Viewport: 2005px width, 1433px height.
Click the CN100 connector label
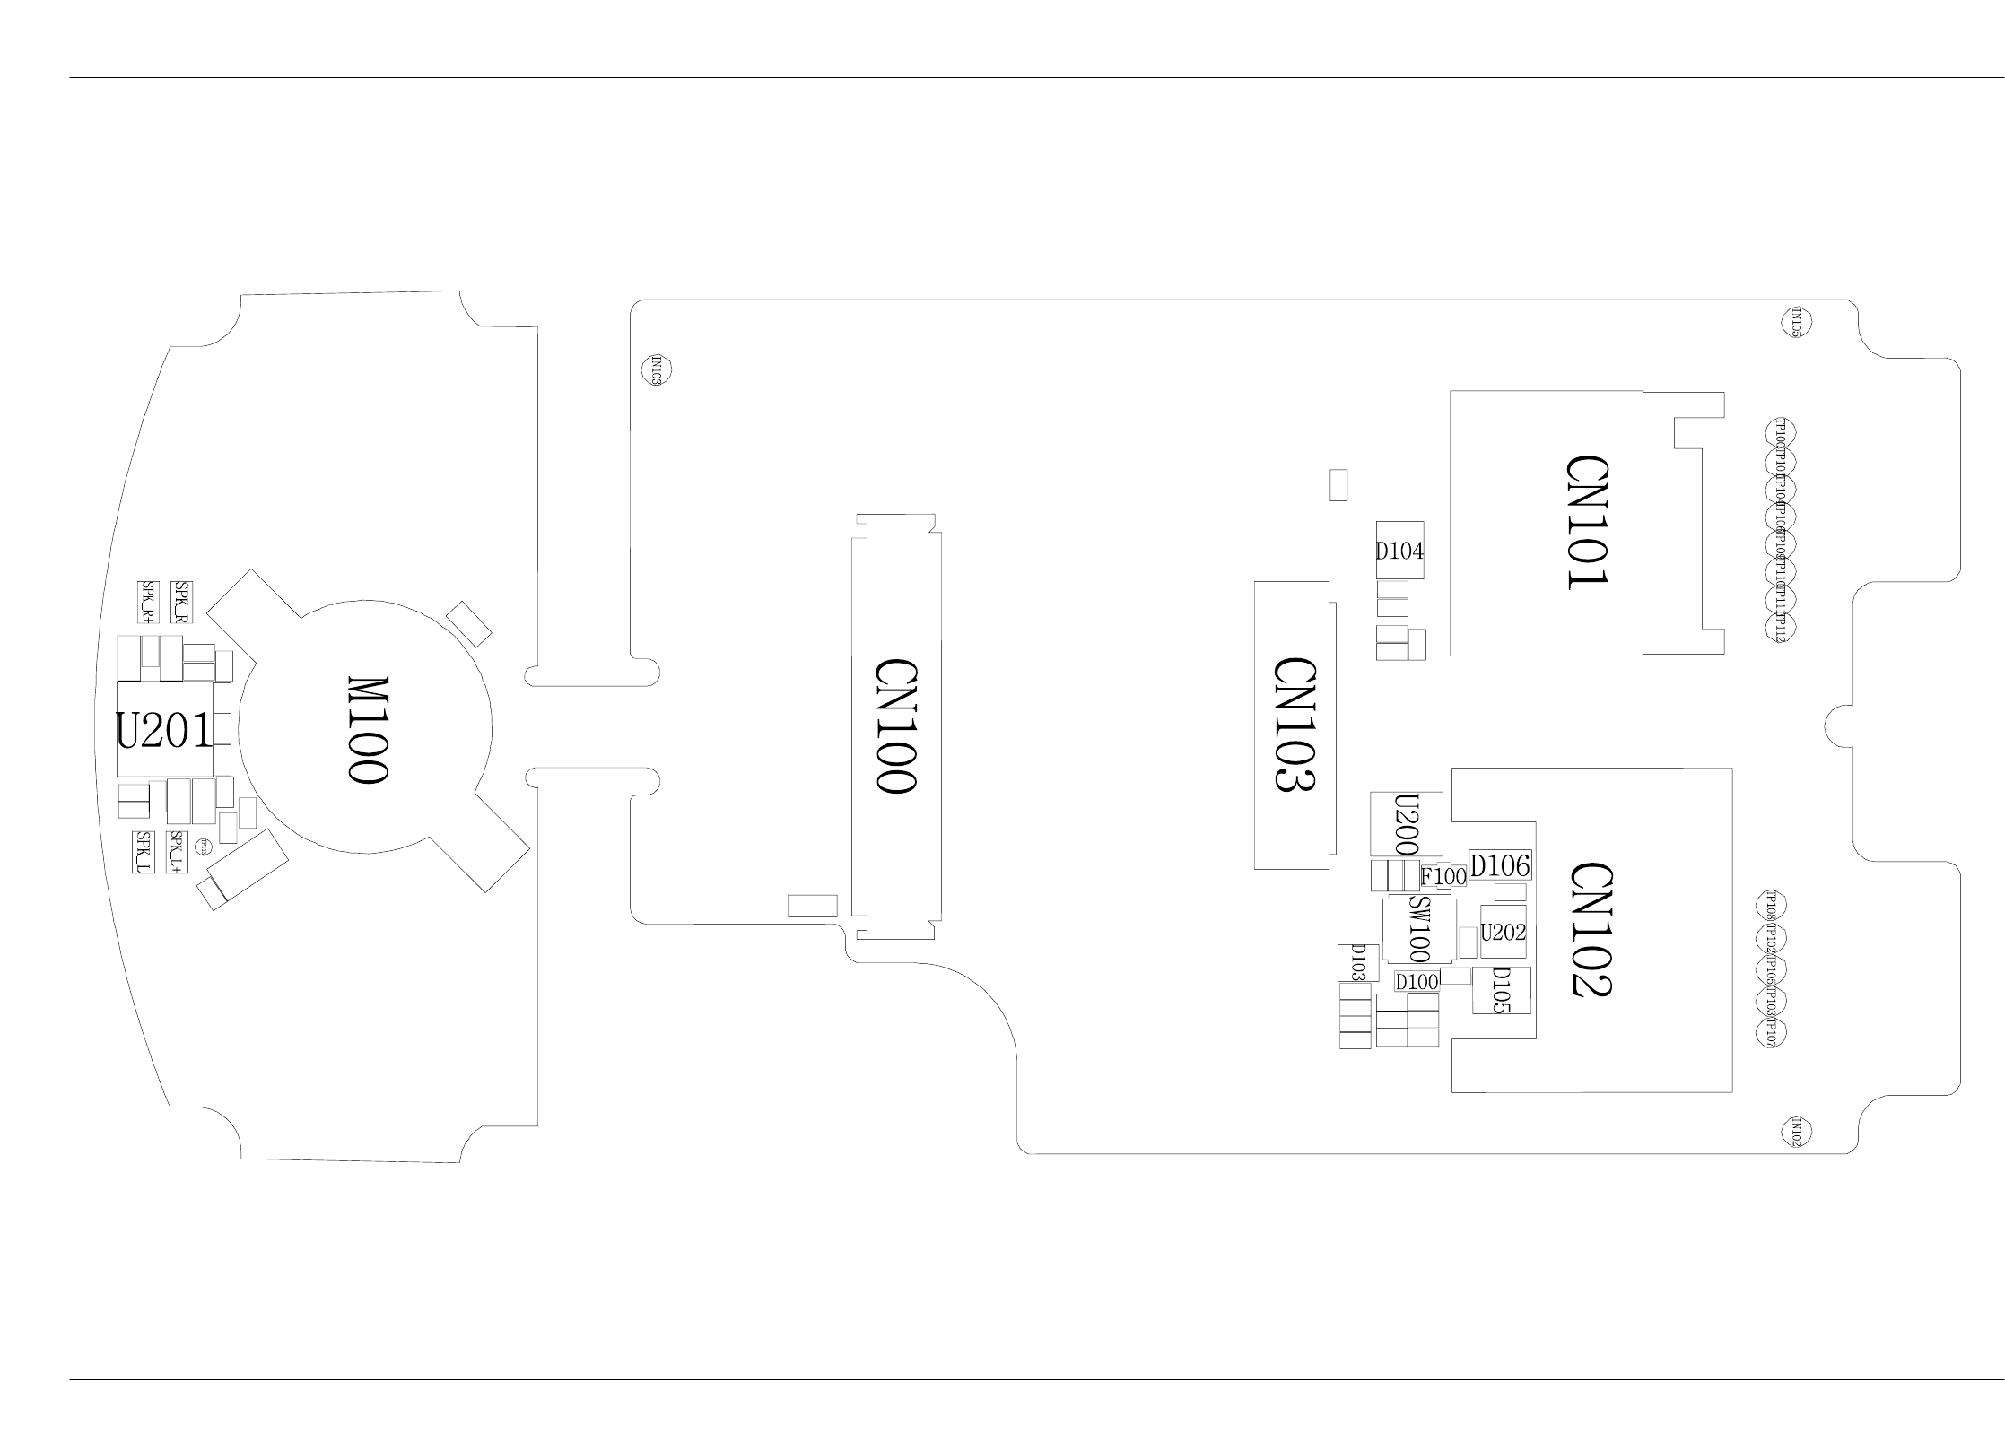[x=896, y=725]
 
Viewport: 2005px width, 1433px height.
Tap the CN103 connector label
[x=1295, y=725]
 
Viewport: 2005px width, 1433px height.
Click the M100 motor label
[x=368, y=730]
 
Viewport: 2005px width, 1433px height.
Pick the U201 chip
[x=165, y=729]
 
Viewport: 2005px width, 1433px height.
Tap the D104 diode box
[x=1399, y=551]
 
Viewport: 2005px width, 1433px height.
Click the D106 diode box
[x=1500, y=865]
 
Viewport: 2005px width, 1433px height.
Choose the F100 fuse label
[x=1443, y=876]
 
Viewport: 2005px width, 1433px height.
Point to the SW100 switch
[x=1418, y=929]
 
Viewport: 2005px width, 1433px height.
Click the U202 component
[x=1503, y=932]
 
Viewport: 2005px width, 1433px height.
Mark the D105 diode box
[x=1501, y=990]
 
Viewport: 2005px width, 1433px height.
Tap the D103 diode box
[x=1358, y=962]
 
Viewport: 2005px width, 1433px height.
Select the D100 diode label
[x=1417, y=982]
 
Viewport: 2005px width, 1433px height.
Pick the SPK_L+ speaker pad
[x=176, y=852]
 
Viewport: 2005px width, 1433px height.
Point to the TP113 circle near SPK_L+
[x=204, y=847]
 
